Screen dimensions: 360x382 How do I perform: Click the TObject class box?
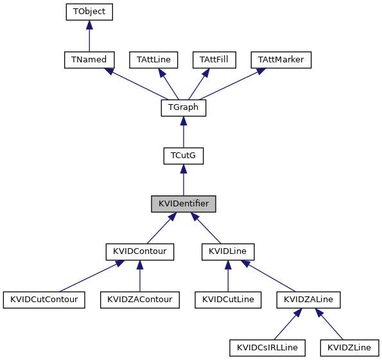tap(89, 12)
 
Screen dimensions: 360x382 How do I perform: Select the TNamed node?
tap(89, 60)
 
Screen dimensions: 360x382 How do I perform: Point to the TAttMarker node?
tap(281, 60)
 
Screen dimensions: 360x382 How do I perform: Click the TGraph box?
tap(183, 108)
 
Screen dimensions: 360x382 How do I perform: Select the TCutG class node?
tap(183, 156)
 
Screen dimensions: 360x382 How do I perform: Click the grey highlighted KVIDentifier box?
tap(183, 204)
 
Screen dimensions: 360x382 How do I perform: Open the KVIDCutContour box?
tap(44, 300)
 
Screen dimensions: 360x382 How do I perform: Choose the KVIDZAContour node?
tap(139, 300)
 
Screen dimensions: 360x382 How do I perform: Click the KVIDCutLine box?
tap(228, 300)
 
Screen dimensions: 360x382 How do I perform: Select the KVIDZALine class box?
tap(309, 300)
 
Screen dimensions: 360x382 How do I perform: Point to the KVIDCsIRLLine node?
tap(267, 348)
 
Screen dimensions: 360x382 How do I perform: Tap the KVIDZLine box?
tap(349, 348)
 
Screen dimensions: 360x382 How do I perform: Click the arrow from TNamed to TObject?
tap(89, 36)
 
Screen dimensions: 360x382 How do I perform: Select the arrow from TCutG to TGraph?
tap(183, 132)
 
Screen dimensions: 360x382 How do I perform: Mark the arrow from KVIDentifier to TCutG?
tap(183, 181)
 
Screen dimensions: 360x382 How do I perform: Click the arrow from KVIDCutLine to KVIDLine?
tap(228, 276)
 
